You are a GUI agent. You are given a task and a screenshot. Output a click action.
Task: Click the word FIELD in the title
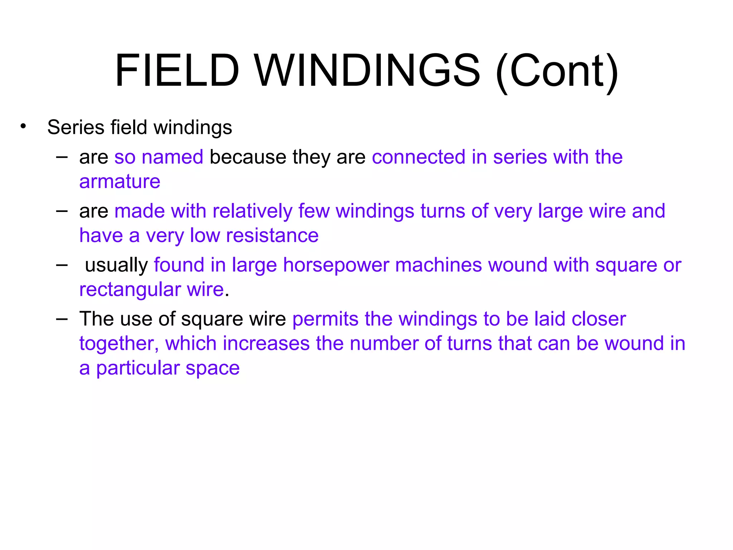pos(177,70)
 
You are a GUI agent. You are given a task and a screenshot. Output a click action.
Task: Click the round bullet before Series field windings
pos(23,126)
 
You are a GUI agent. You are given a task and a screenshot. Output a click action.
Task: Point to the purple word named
pos(172,157)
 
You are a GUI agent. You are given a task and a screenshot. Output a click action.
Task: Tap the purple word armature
pos(120,182)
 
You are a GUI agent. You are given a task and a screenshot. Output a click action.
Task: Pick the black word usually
pos(116,266)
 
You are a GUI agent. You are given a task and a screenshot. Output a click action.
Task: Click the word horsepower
pos(336,265)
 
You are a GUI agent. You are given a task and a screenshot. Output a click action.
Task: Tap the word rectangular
pos(130,289)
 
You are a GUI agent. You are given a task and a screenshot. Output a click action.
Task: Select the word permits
pos(325,319)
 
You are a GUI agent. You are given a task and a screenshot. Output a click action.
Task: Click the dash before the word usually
pos(62,265)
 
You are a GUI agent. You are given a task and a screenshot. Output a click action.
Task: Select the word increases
pos(266,344)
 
